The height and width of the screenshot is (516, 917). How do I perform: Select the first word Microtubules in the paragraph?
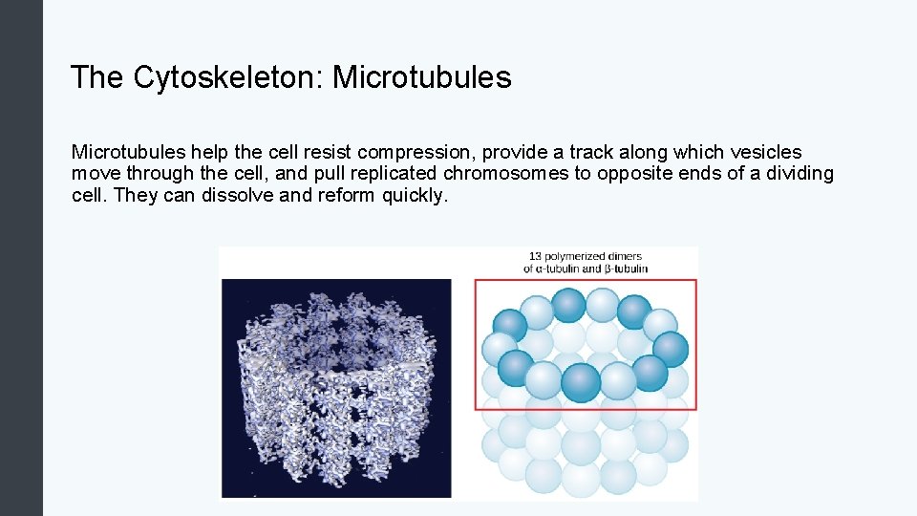128,152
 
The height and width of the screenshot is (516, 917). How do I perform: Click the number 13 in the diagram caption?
535,256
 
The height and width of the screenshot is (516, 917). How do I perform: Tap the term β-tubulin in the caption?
626,269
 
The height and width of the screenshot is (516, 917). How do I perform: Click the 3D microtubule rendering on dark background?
336,387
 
